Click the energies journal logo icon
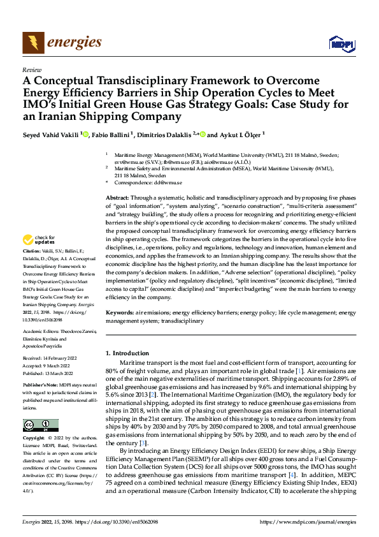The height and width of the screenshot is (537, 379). (x=31, y=43)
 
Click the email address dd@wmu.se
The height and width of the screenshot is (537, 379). (x=168, y=182)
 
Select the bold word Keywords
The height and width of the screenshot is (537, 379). (x=120, y=313)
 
